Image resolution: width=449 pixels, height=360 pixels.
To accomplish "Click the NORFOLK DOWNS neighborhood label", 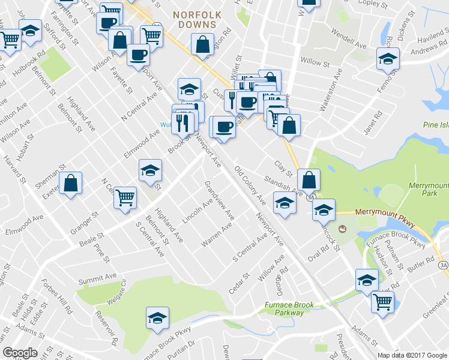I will [196, 19].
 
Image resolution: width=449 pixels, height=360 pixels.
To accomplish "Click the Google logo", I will [20, 353].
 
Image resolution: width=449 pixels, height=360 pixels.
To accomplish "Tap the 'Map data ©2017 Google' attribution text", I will [413, 355].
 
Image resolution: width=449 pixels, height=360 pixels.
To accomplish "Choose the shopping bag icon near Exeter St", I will [71, 184].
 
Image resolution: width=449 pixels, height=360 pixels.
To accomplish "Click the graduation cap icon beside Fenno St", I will [388, 59].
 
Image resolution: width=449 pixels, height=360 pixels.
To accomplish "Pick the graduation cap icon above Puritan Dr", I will [157, 317].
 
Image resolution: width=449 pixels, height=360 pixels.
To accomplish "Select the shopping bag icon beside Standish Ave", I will [309, 179].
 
